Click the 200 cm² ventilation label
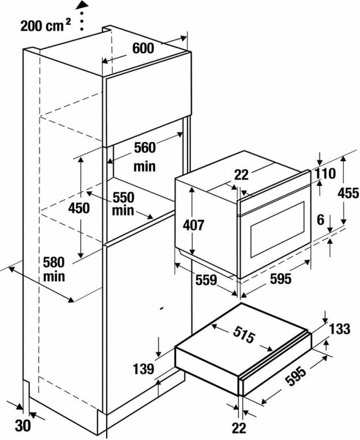[x=46, y=26]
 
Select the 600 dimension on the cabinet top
[x=142, y=49]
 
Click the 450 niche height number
[x=79, y=208]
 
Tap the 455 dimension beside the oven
[x=348, y=193]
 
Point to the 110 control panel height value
[x=325, y=173]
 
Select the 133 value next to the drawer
[x=340, y=329]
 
